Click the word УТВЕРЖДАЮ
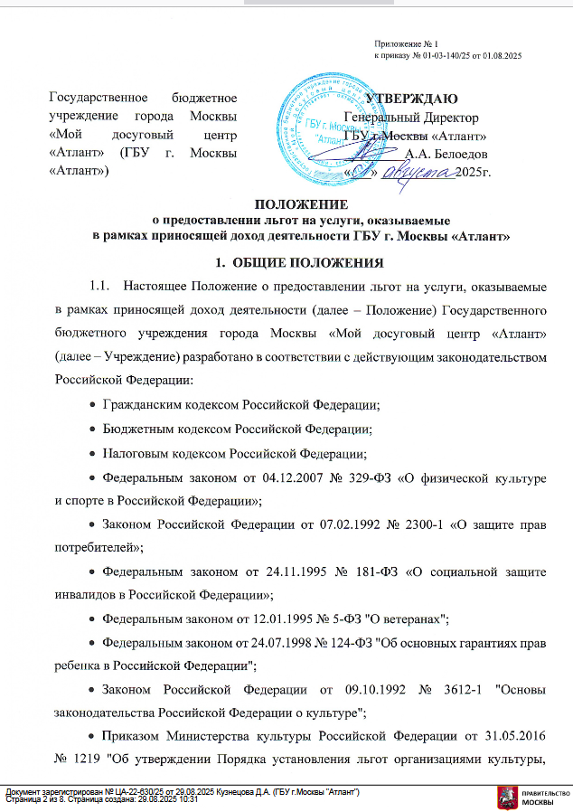point(411,99)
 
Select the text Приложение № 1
point(406,43)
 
